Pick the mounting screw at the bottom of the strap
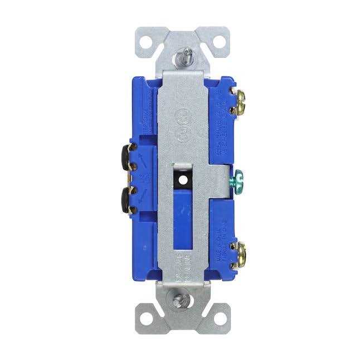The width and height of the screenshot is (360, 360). [179, 302]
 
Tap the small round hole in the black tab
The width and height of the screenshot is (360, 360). [181, 179]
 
